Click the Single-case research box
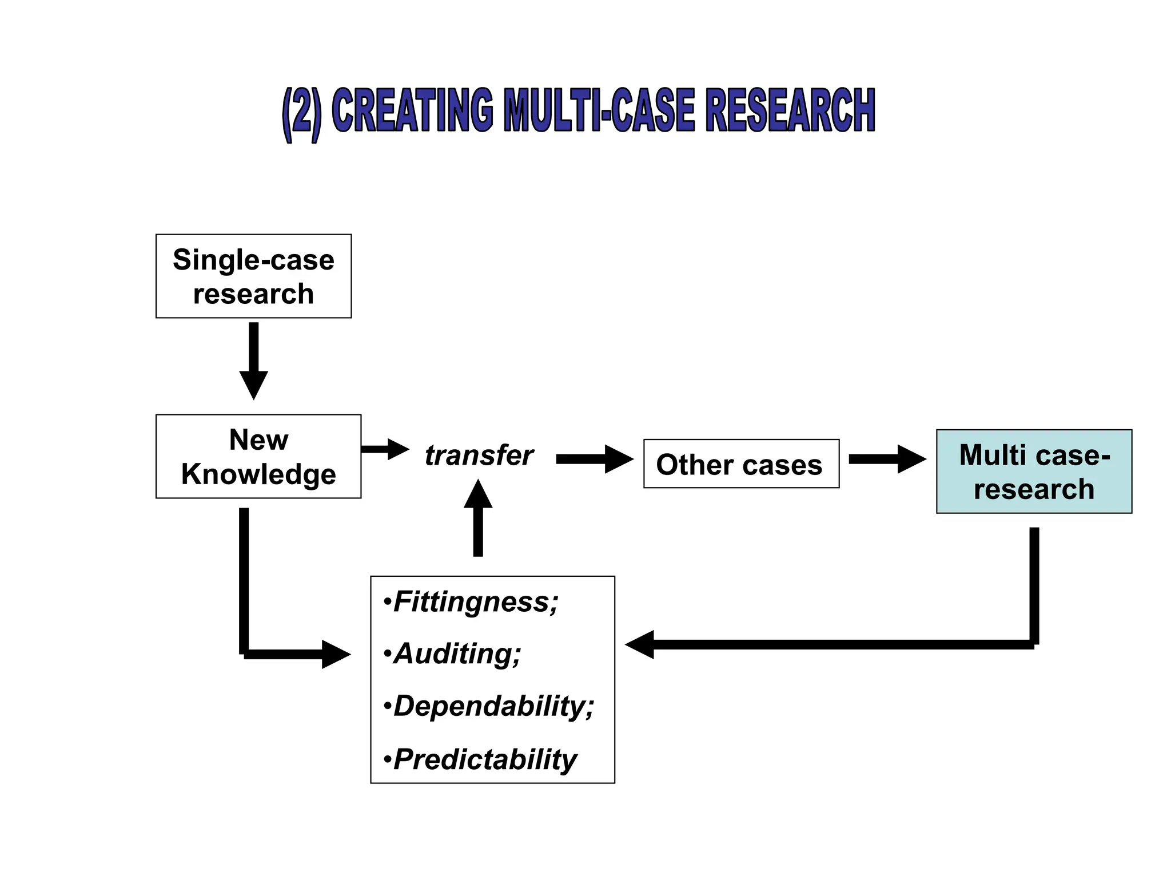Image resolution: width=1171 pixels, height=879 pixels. click(253, 276)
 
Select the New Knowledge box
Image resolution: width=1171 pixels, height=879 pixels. click(258, 456)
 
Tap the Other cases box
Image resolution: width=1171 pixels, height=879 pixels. click(741, 464)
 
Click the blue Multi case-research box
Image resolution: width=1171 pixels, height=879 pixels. click(1034, 472)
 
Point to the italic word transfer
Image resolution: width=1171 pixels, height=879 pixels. click(479, 456)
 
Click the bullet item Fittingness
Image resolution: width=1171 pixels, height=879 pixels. click(475, 602)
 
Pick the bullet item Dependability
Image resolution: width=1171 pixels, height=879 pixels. click(493, 706)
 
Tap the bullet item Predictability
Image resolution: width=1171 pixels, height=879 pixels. click(484, 760)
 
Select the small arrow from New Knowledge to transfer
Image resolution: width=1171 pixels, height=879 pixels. click(385, 449)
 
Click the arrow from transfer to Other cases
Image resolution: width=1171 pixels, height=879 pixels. click(594, 459)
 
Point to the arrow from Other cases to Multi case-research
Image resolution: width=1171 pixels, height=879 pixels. click(887, 459)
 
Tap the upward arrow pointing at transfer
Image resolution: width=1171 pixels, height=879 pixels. click(478, 518)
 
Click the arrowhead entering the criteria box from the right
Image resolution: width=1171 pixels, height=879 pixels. click(640, 645)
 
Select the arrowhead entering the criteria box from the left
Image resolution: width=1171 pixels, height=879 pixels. click(336, 654)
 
